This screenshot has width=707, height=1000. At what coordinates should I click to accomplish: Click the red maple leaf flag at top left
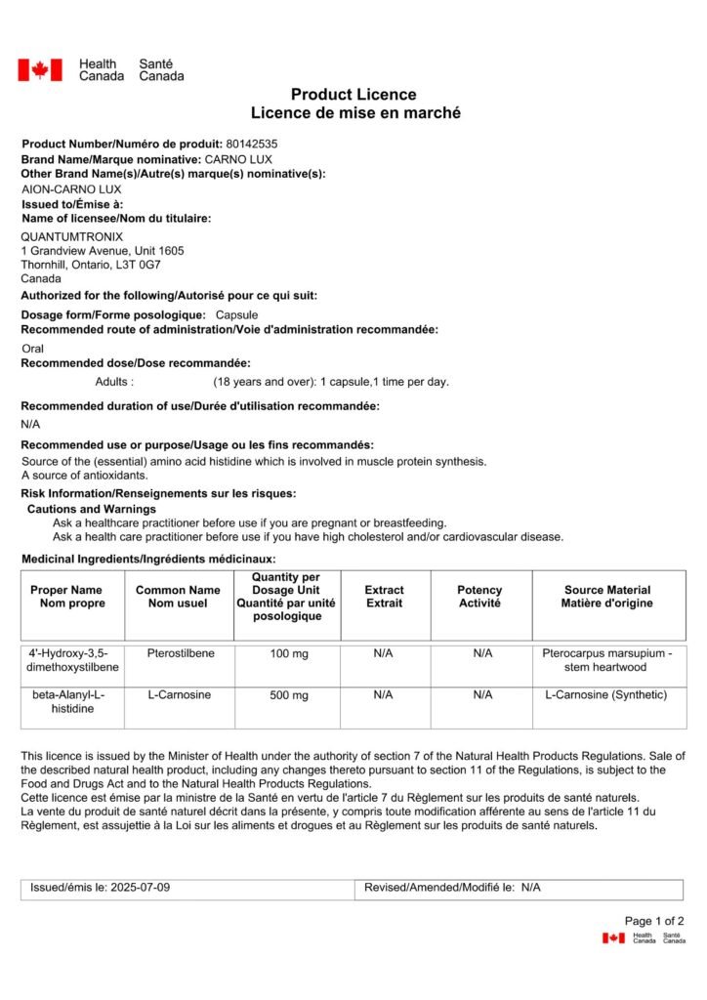[x=40, y=69]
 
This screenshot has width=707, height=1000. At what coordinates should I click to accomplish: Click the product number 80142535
[x=251, y=144]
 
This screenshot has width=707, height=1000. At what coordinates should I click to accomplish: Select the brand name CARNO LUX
[x=238, y=159]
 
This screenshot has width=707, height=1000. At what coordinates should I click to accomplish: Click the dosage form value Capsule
[x=236, y=314]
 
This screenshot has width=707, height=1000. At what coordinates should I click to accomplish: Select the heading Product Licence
[x=353, y=95]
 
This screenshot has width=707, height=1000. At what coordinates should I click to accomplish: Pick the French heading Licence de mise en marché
[x=353, y=113]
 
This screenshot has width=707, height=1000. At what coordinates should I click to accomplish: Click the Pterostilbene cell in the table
[x=178, y=653]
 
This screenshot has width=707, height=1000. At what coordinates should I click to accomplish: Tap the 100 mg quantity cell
[x=288, y=653]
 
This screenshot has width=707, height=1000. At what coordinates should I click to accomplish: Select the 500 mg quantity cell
[x=288, y=695]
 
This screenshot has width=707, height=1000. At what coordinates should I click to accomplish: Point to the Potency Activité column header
[x=479, y=597]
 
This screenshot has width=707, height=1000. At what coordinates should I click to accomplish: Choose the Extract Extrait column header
[x=384, y=597]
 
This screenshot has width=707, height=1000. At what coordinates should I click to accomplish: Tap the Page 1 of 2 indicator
[x=654, y=921]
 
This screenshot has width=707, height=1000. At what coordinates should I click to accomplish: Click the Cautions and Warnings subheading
[x=91, y=509]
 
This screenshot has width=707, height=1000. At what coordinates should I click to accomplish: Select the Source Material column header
[x=606, y=597]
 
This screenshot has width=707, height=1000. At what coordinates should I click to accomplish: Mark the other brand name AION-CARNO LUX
[x=71, y=189]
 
